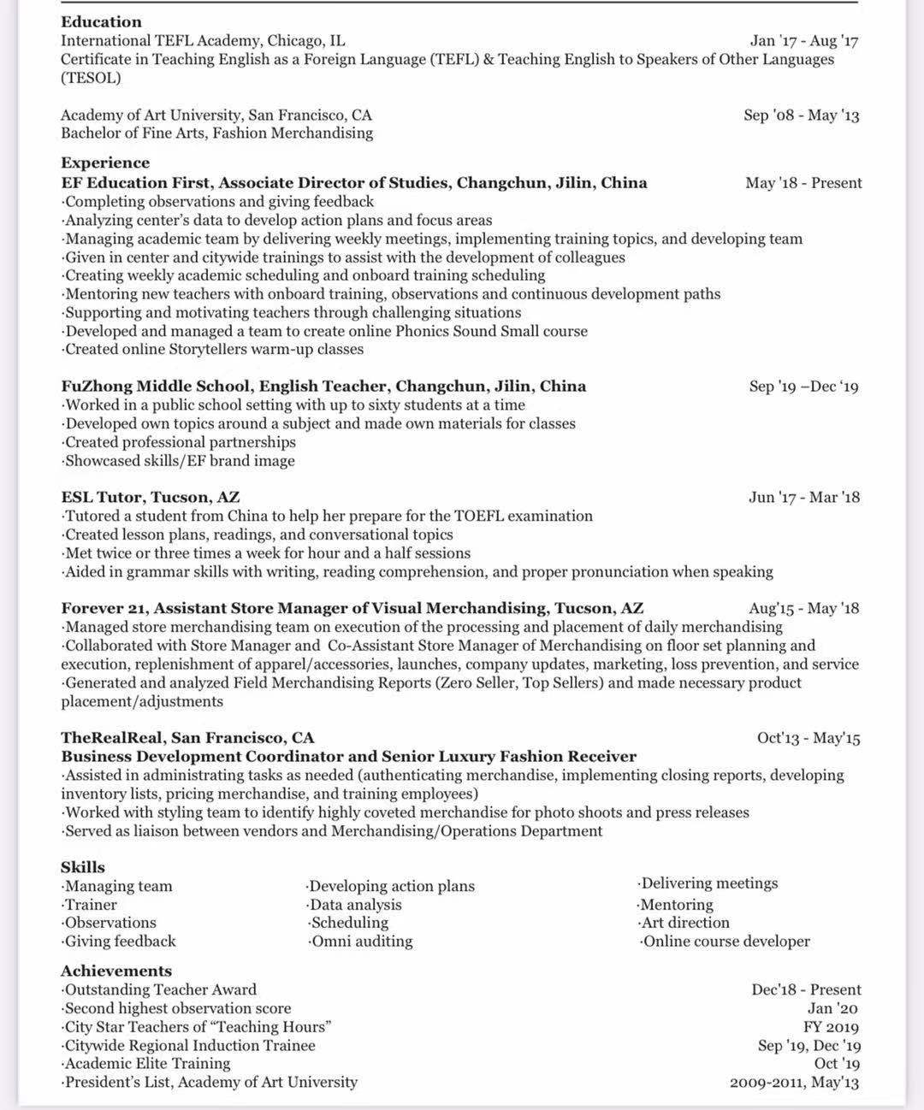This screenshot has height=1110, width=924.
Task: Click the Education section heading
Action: (101, 21)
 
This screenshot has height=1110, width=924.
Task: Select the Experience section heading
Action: (105, 162)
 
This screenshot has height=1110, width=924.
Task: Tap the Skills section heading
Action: (83, 867)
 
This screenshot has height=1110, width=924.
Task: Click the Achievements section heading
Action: (116, 971)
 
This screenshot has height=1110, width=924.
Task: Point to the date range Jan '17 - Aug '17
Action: (803, 40)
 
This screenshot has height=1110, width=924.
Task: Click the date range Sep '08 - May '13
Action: (801, 115)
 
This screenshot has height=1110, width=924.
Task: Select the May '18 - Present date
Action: (803, 182)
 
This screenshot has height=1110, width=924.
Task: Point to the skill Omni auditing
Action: (361, 942)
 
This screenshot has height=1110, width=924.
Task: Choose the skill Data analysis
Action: (355, 905)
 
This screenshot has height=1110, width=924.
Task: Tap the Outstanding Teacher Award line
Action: (160, 989)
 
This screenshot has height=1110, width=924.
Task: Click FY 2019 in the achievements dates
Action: (831, 1027)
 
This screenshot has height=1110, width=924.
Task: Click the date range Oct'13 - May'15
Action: (808, 737)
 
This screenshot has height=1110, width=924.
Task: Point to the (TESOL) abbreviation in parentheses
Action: (91, 78)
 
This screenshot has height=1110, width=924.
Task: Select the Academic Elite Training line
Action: (147, 1064)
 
